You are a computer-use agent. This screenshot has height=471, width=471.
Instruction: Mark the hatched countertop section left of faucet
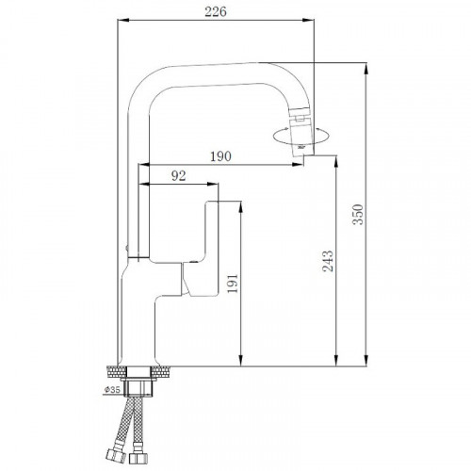(113, 370)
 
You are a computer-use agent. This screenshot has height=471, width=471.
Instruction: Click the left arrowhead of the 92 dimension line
(143, 184)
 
